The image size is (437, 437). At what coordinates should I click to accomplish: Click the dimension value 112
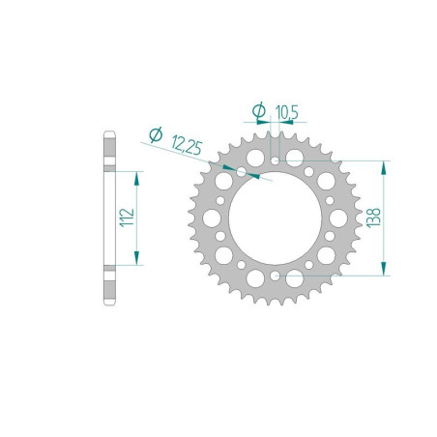click(127, 218)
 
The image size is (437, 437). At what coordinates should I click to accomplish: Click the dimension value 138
click(373, 218)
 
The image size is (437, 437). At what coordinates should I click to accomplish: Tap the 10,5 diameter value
click(287, 112)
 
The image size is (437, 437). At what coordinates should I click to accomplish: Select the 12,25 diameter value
click(187, 145)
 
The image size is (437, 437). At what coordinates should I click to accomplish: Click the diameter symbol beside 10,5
click(259, 110)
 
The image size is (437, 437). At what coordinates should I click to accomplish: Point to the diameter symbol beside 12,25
click(157, 135)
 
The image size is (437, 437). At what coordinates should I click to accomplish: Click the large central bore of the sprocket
click(275, 218)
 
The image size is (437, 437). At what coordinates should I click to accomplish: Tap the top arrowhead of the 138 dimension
click(383, 167)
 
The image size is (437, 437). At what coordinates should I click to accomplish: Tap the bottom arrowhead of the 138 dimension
click(383, 269)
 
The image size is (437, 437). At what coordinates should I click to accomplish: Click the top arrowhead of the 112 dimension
click(136, 179)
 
